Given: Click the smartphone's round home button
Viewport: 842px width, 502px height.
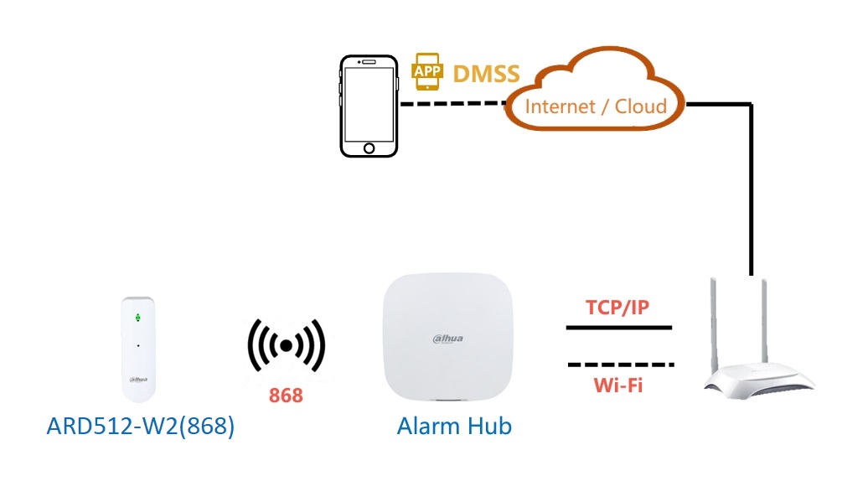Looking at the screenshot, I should [369, 148].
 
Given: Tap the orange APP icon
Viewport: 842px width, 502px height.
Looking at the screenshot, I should [427, 71].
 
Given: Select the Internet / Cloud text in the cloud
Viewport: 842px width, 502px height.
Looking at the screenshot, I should [596, 106].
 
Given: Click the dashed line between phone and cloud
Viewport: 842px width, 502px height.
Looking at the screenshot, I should [452, 104].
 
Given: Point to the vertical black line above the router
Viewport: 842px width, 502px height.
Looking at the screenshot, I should [751, 193].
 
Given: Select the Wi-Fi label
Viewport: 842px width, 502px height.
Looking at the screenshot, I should [618, 386].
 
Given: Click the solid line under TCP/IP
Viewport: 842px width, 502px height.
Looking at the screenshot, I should [618, 328].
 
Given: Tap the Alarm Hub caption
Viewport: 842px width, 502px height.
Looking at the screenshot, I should [454, 426].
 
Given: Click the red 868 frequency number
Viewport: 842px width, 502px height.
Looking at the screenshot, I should [286, 396].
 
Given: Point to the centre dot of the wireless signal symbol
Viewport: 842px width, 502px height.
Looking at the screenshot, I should [287, 345].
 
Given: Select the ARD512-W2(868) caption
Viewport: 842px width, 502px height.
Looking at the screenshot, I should [141, 426].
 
